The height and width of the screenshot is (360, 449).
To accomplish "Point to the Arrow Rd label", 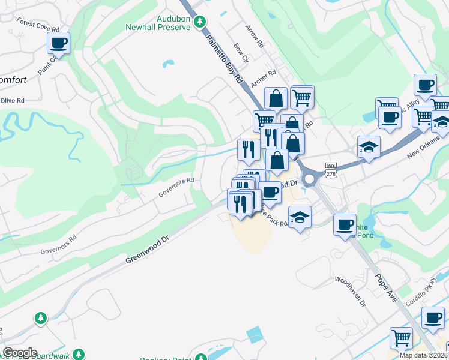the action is pyautogui.click(x=255, y=36).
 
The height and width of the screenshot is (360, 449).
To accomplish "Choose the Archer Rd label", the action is pyautogui.click(x=264, y=79).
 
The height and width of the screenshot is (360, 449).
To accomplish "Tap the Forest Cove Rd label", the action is pyautogui.click(x=38, y=25).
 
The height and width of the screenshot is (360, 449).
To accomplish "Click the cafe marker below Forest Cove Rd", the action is pyautogui.click(x=58, y=43).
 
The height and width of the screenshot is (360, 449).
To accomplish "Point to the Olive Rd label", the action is pyautogui.click(x=12, y=101).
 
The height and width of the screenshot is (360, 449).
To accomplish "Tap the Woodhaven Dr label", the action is pyautogui.click(x=350, y=292).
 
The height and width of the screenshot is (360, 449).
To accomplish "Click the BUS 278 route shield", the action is pyautogui.click(x=331, y=169).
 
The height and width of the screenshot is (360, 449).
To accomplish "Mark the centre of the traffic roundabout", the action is pyautogui.click(x=310, y=179).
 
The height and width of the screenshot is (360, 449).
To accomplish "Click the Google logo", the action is pyautogui.click(x=20, y=353).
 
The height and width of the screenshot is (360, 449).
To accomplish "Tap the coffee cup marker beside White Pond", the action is pyautogui.click(x=344, y=224).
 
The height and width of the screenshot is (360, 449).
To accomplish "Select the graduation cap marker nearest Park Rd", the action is pyautogui.click(x=300, y=217).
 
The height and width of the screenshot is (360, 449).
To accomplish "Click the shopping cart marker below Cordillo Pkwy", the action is pyautogui.click(x=400, y=338).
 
